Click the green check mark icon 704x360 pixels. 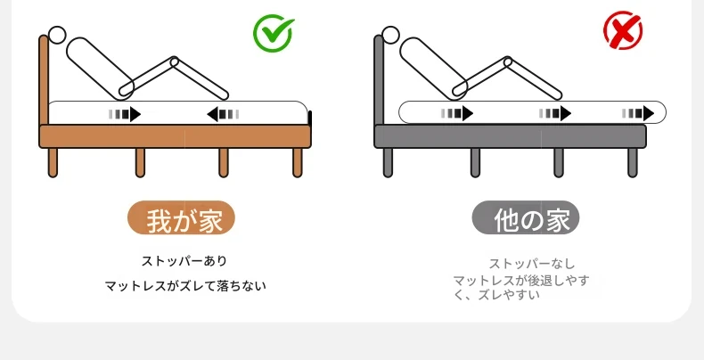click(x=273, y=33)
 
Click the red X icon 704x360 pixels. click(x=623, y=30)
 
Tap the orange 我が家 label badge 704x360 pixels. click(x=182, y=218)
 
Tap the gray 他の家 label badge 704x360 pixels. click(x=525, y=218)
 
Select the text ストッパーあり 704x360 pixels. click(x=184, y=261)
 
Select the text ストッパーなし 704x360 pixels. click(x=532, y=264)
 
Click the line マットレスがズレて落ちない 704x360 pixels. click(x=185, y=286)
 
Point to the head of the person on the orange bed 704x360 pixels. click(x=57, y=35)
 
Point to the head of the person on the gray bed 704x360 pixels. click(x=390, y=35)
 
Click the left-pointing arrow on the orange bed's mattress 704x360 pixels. click(x=223, y=114)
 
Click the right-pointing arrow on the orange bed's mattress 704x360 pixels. click(x=125, y=114)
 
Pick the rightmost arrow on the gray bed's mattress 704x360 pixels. click(x=638, y=113)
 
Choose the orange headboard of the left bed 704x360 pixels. click(x=44, y=80)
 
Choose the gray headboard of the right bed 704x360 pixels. click(x=379, y=80)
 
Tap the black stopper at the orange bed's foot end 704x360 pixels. click(x=309, y=118)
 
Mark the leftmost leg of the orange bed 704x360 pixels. click(x=53, y=162)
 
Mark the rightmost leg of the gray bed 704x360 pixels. click(x=633, y=162)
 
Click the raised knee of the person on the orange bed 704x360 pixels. click(x=174, y=61)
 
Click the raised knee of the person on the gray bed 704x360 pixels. click(x=508, y=61)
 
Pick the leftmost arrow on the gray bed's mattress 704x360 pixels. click(x=456, y=113)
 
